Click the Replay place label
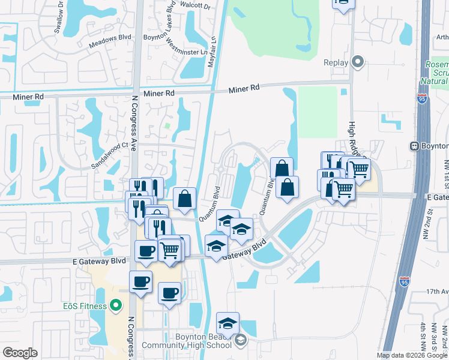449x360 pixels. [336, 62]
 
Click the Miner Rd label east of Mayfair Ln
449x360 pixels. [244, 88]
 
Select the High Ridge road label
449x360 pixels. [353, 136]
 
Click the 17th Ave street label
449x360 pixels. [437, 292]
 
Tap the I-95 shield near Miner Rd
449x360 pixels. [423, 100]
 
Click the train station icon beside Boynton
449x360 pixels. [414, 146]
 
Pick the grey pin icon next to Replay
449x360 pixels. [358, 62]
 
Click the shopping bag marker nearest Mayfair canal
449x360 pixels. [185, 199]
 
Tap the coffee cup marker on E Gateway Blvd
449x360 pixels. [146, 251]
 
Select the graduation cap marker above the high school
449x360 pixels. [228, 323]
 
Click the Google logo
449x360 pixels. [20, 353]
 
